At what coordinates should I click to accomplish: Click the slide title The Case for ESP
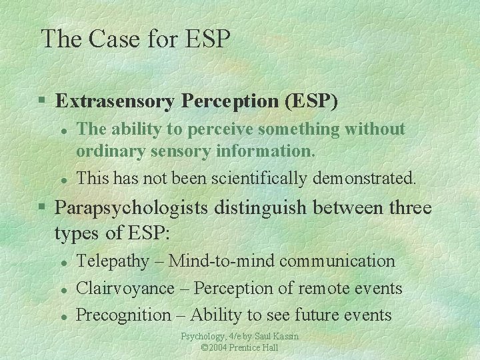point(135,39)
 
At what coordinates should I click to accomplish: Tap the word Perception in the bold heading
point(218,101)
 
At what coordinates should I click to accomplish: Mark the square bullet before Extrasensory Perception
point(42,102)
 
